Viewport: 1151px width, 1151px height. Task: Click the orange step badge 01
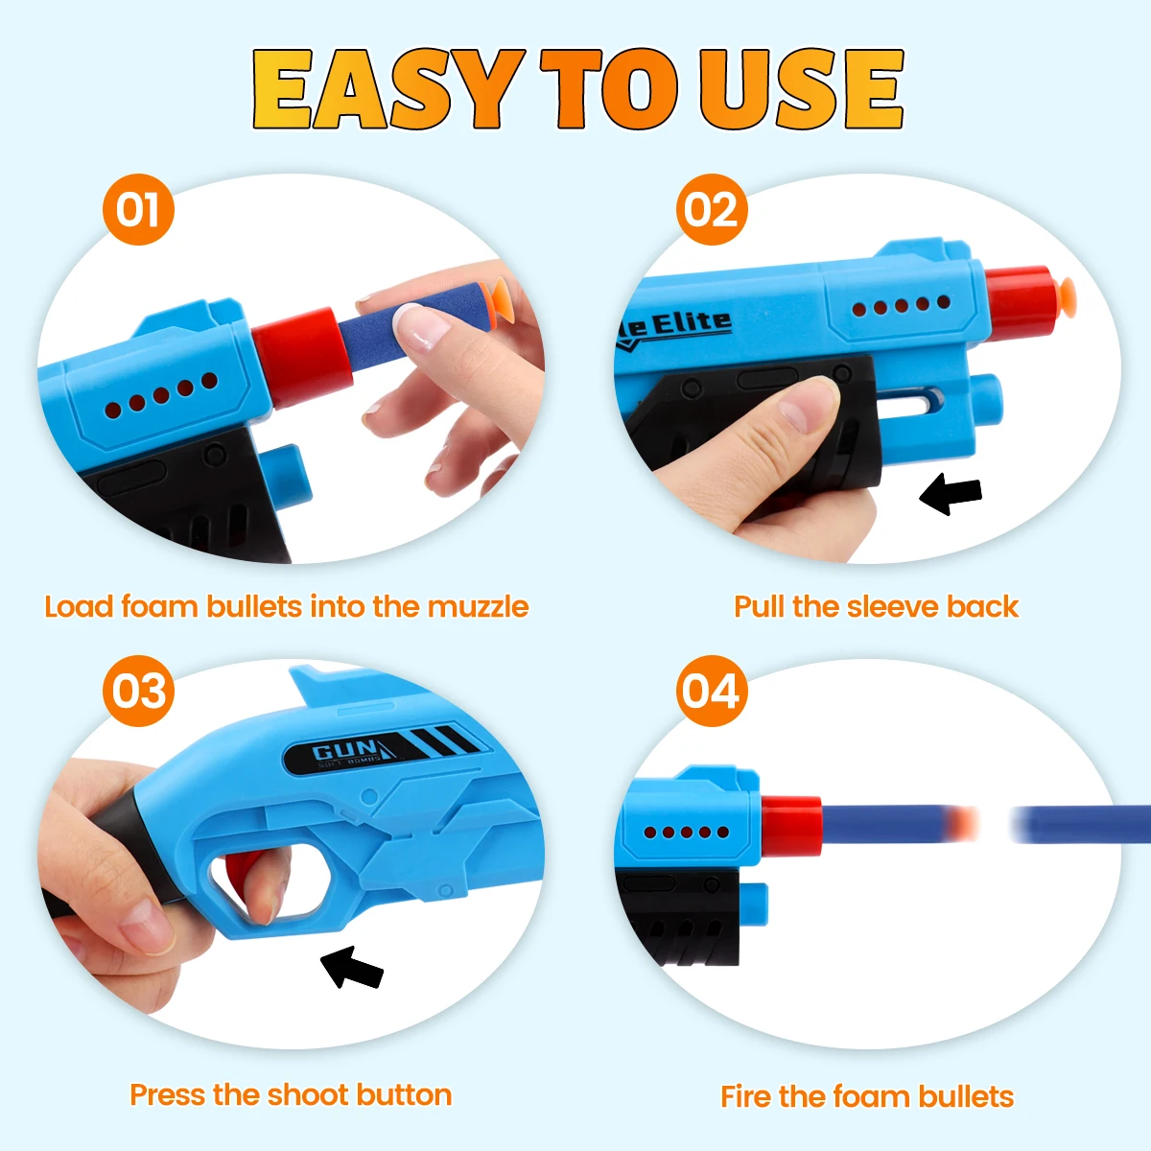(138, 210)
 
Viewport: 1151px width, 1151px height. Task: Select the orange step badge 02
(712, 210)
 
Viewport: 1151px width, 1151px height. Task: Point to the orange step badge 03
(138, 692)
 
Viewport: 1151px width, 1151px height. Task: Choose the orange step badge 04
(712, 692)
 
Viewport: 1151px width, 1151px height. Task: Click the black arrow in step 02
(951, 494)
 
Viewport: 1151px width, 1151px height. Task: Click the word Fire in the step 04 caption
(746, 1096)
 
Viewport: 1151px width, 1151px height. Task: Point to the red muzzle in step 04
(791, 825)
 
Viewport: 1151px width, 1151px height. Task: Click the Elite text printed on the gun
(691, 323)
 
